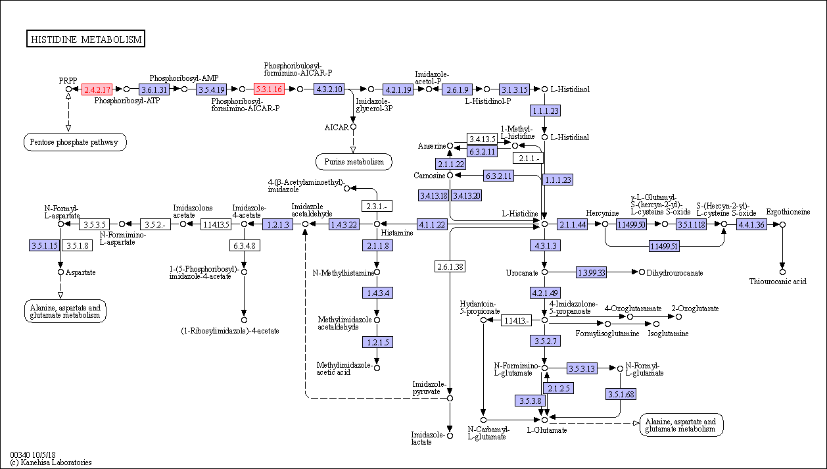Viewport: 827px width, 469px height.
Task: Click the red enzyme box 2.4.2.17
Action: click(97, 89)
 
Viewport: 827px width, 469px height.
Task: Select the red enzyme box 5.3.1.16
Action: click(269, 89)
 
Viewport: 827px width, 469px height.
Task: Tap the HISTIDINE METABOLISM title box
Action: click(85, 39)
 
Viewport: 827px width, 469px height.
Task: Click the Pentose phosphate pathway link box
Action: click(75, 142)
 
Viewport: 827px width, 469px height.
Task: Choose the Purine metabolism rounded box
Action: click(354, 162)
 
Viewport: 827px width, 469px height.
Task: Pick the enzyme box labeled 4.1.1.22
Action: click(432, 224)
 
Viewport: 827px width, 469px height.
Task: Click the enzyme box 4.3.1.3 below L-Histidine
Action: click(545, 245)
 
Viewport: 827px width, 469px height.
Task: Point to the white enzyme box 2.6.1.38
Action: click(450, 266)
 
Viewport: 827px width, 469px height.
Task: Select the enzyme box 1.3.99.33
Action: click(592, 272)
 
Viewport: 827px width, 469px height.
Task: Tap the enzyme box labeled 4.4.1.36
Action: click(751, 224)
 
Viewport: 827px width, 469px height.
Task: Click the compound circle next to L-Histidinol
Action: click(544, 89)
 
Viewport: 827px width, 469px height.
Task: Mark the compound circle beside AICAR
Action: click(353, 127)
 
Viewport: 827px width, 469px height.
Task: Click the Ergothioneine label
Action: click(788, 212)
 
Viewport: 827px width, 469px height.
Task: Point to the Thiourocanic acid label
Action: click(778, 282)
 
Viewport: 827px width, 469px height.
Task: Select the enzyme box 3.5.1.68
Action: click(621, 395)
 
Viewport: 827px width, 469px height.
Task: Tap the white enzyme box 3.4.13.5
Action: click(482, 139)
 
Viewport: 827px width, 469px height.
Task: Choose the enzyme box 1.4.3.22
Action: click(344, 224)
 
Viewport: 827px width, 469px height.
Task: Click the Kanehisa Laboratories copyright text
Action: click(51, 462)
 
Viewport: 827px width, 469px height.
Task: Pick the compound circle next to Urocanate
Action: click(544, 272)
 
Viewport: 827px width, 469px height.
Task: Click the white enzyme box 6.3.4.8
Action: click(245, 245)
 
